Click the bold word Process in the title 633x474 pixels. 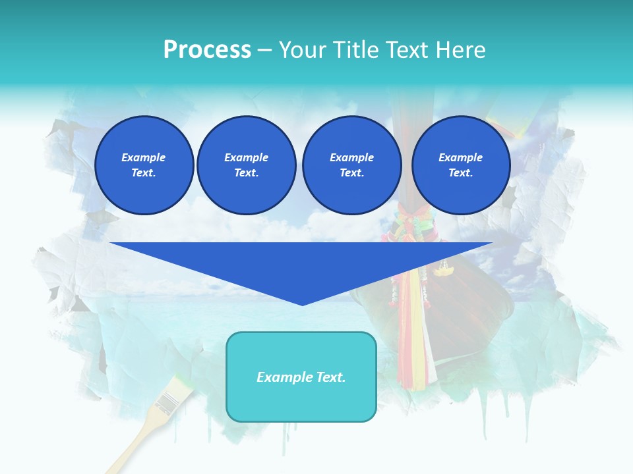[207, 50]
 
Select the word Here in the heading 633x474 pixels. [461, 50]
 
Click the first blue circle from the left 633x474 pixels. [144, 165]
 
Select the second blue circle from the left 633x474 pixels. [246, 165]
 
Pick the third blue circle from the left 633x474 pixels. [351, 165]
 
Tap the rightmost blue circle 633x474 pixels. [460, 165]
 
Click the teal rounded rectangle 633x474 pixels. [301, 395]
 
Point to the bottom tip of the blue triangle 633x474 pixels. [302, 303]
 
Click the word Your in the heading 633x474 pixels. [301, 50]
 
